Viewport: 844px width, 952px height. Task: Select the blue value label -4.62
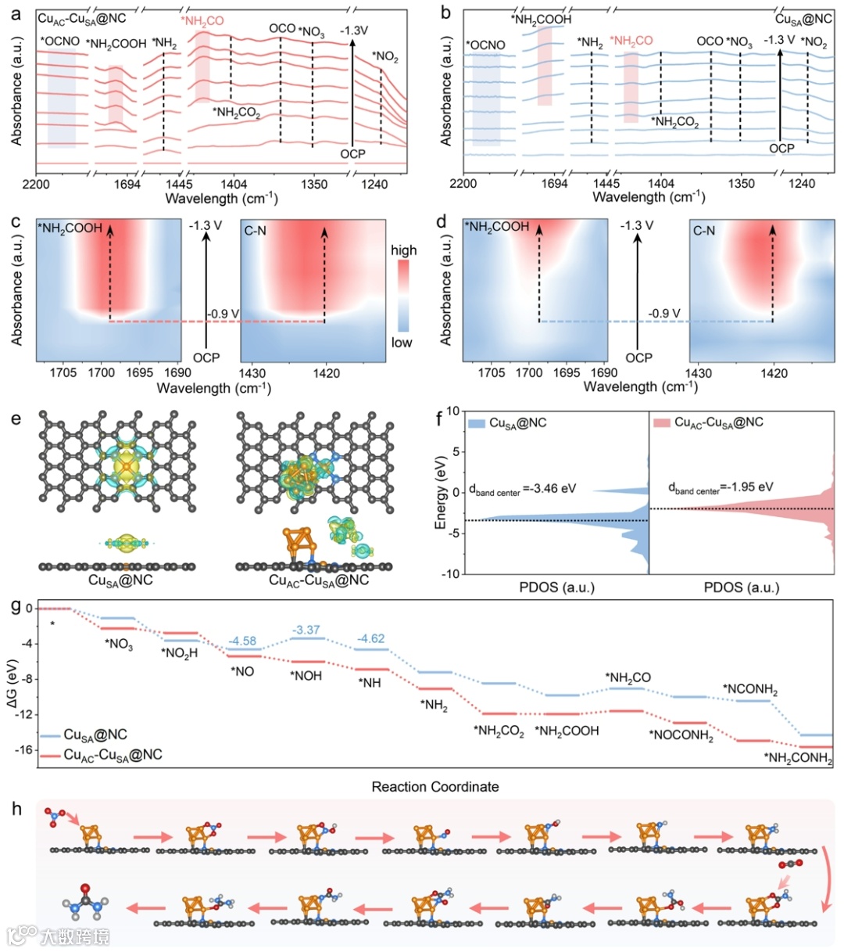pyautogui.click(x=370, y=638)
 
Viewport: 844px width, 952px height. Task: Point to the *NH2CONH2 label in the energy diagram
pyautogui.click(x=798, y=758)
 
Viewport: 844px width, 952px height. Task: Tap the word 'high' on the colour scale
pyautogui.click(x=403, y=250)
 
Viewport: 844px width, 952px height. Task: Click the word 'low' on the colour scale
pyautogui.click(x=402, y=343)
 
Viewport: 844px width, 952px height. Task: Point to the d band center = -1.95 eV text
pyautogui.click(x=721, y=487)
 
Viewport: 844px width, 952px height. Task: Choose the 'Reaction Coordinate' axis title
pyautogui.click(x=435, y=786)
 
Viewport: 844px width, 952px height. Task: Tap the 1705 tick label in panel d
pyautogui.click(x=492, y=373)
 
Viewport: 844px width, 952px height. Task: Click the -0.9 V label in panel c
pyautogui.click(x=223, y=314)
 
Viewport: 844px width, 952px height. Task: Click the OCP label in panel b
pyautogui.click(x=781, y=149)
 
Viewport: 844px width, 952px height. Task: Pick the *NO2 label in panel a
pyautogui.click(x=384, y=56)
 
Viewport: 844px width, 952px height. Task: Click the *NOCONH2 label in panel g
pyautogui.click(x=681, y=735)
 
